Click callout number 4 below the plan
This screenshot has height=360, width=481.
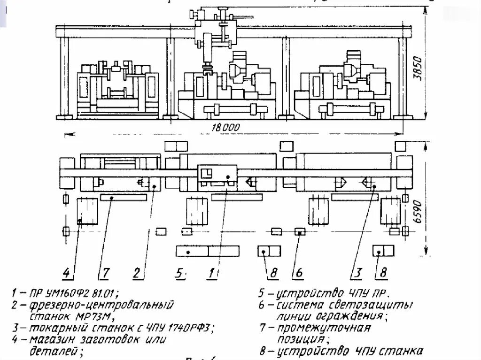(67, 272)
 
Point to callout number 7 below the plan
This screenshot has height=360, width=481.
(106, 272)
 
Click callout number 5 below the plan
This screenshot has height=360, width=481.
(180, 272)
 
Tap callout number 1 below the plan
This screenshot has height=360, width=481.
(212, 272)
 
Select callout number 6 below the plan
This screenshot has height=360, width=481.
(297, 272)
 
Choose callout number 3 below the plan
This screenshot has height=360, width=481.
(358, 272)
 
